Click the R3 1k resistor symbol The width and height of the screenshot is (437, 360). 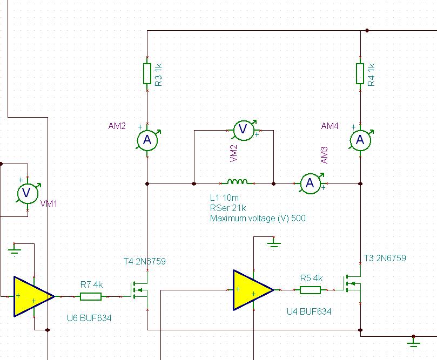(147, 73)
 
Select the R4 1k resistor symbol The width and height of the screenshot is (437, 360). (360, 73)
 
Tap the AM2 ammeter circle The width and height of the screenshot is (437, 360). (147, 140)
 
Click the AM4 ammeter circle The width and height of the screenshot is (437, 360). (360, 140)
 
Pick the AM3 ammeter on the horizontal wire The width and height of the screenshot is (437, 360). (310, 184)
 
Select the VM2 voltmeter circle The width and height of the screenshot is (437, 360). (243, 130)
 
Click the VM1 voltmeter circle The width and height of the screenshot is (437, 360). (28, 193)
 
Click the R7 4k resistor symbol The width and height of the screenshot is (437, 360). (91, 296)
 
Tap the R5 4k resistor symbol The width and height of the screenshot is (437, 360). (310, 290)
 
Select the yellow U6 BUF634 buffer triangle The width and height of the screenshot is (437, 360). (33, 296)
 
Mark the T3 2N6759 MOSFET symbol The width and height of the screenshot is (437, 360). (354, 283)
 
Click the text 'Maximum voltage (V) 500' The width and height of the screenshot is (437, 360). (258, 218)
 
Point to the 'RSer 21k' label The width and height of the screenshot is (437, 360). (228, 208)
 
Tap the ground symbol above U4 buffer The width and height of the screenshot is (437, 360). (274, 244)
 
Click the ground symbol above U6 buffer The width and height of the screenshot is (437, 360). (14, 250)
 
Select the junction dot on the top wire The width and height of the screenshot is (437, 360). (367, 30)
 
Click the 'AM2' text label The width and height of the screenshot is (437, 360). (117, 126)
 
